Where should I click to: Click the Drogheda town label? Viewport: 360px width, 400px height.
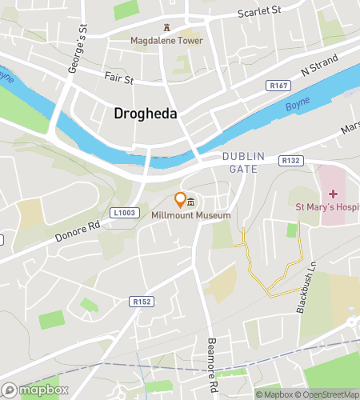145,114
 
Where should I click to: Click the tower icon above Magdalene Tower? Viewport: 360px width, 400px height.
166,26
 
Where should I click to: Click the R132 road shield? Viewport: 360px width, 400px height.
291,161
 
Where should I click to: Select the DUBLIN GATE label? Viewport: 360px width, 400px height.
239,163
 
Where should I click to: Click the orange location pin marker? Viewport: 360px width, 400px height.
180,199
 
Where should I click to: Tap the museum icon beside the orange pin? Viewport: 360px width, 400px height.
191,202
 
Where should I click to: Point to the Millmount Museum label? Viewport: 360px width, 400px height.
190,215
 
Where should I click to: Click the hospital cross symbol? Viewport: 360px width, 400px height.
332,194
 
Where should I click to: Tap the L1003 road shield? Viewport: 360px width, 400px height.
123,213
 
